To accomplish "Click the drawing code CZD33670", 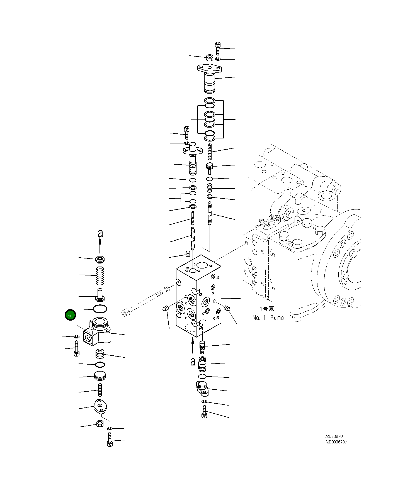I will (x=333, y=436).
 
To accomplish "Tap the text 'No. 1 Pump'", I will (x=268, y=318).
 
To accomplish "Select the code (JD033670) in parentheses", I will (x=336, y=441).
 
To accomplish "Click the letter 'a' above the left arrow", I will (x=100, y=233).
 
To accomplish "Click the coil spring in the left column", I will (x=100, y=276).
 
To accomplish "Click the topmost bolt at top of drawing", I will (x=218, y=48).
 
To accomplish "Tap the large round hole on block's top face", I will (x=202, y=265).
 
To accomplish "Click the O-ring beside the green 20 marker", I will (x=100, y=309).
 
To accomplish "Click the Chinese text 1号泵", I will (x=267, y=308).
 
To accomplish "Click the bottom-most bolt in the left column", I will (x=110, y=440).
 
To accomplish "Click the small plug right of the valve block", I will (x=227, y=308).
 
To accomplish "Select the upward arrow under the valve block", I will (x=192, y=345).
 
